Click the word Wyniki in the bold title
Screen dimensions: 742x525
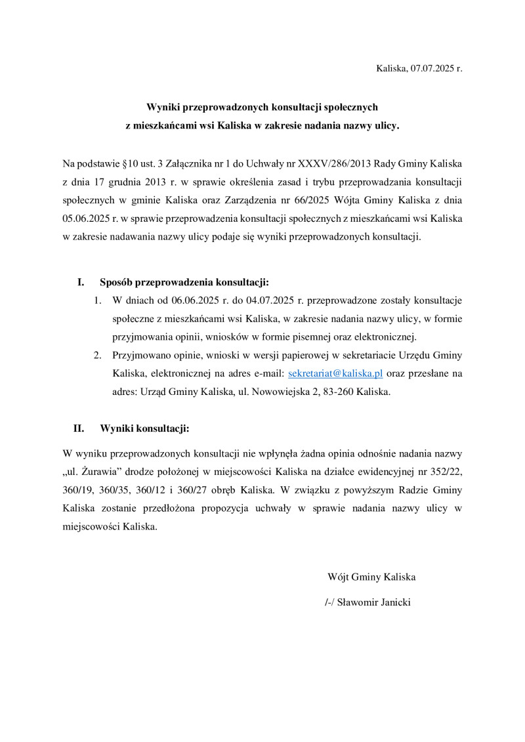click(x=165, y=106)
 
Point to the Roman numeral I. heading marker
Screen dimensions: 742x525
click(x=81, y=283)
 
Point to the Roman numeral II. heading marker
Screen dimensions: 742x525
click(x=78, y=428)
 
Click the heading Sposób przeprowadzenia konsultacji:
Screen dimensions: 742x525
click(x=184, y=283)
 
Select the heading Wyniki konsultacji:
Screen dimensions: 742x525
click(x=144, y=428)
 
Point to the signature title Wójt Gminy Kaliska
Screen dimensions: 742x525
click(x=371, y=577)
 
